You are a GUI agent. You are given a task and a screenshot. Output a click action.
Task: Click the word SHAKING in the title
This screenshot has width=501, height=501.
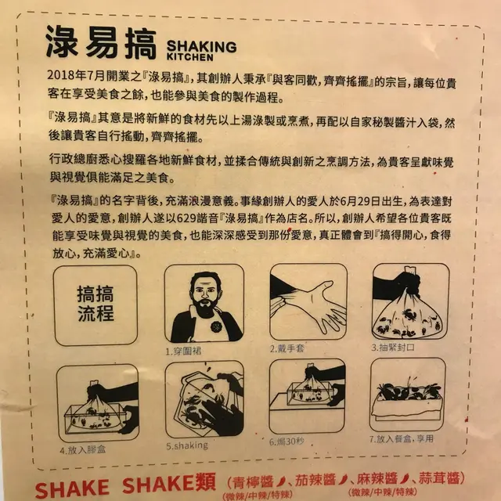pos(202,47)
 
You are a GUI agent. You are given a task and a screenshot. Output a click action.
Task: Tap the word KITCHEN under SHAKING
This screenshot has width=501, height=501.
pos(189,57)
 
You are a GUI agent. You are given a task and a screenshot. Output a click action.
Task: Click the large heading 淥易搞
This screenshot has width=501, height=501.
pos(101,42)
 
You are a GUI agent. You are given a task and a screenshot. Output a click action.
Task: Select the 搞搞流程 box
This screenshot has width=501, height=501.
pos(96,305)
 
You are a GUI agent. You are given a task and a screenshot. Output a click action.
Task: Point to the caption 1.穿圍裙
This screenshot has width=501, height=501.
pos(183,351)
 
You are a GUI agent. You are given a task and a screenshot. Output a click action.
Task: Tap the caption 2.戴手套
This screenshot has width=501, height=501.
pos(287,348)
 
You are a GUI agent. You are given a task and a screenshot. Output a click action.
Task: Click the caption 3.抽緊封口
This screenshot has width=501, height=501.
pos(393,347)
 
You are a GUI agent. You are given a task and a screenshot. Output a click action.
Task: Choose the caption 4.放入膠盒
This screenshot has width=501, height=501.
pos(83,449)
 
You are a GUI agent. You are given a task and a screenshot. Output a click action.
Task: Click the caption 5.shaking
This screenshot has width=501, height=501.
pos(187,445)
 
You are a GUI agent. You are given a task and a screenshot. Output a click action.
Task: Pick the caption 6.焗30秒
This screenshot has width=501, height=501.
pos(287,442)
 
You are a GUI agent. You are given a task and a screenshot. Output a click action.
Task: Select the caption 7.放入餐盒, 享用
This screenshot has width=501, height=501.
pos(402,438)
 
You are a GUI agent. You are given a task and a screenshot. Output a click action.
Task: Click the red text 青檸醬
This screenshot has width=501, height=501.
pos(253,482)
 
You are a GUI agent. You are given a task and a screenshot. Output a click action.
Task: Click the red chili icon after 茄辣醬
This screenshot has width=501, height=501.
pos(343,479)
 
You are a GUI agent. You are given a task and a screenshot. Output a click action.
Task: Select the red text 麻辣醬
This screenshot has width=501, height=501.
pos(377,479)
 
